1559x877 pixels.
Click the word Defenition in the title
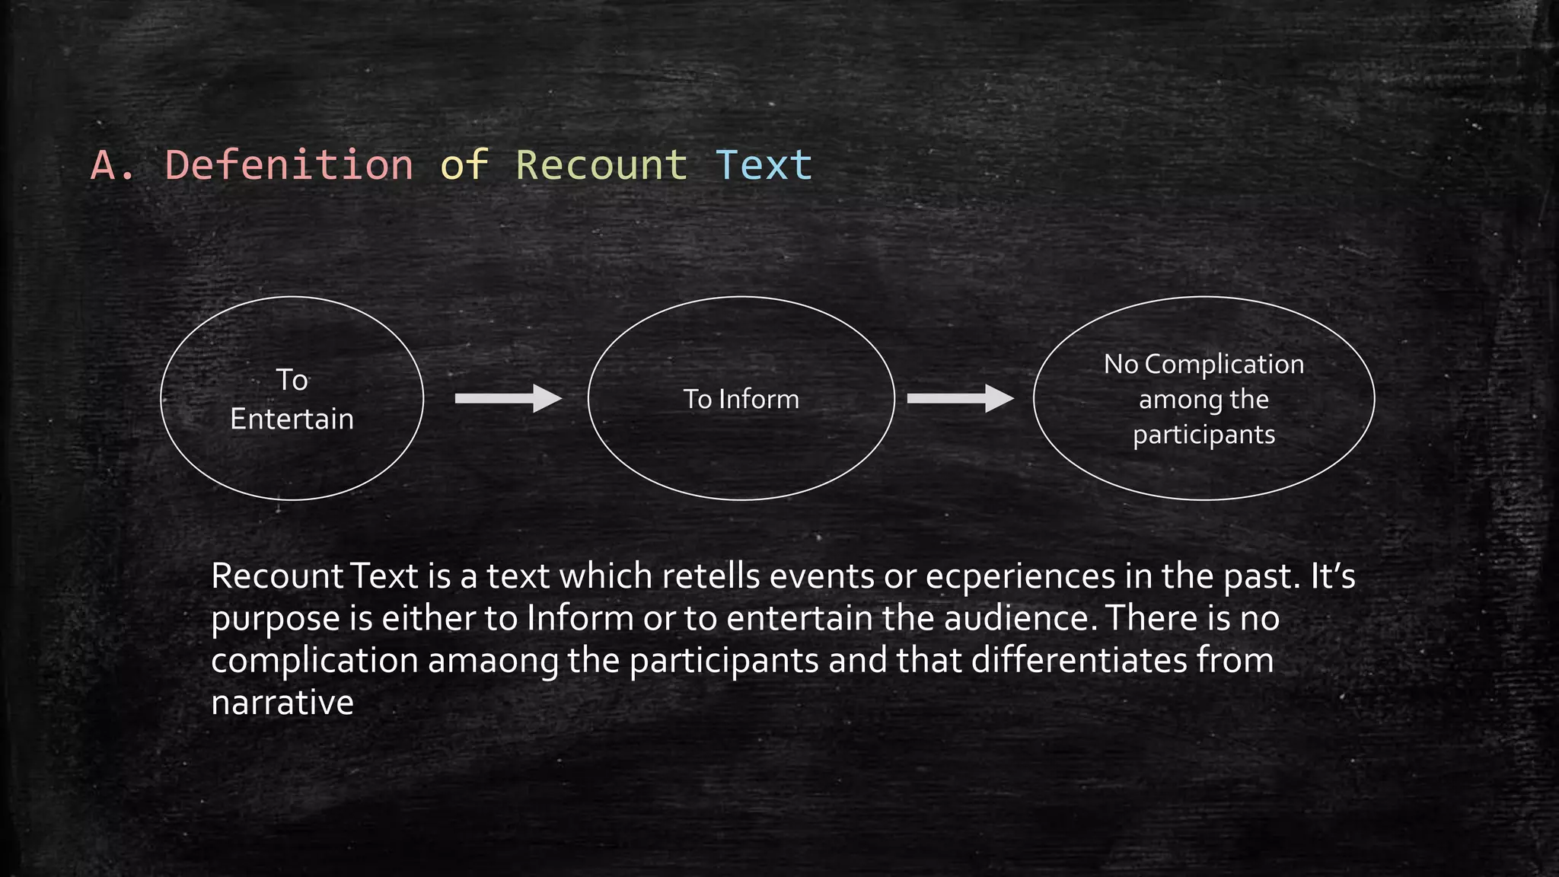289,164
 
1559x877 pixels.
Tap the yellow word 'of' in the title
464,164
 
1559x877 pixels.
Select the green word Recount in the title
601,164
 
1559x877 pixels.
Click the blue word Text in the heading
764,164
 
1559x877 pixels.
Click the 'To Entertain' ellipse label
292,399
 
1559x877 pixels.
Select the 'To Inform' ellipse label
741,399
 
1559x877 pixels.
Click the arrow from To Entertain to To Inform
507,398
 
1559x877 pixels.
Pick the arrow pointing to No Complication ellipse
959,398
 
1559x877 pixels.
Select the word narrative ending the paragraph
282,702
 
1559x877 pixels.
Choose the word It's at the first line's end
1332,576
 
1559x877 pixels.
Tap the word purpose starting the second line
276,620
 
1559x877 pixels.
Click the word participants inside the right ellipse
1204,435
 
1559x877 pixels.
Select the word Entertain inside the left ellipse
292,419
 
